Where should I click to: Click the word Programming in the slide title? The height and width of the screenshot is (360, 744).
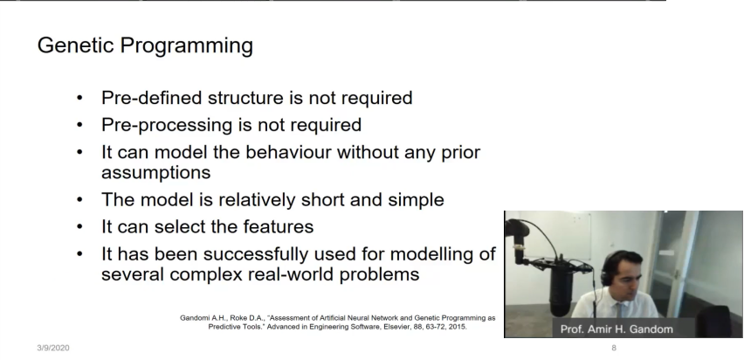point(187,47)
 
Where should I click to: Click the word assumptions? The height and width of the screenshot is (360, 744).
point(155,173)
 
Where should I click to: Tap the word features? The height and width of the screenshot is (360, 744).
point(278,226)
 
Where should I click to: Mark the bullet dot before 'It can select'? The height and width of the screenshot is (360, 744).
point(79,226)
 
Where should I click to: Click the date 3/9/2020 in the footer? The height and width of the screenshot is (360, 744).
point(53,348)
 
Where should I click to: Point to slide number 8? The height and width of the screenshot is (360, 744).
point(614,348)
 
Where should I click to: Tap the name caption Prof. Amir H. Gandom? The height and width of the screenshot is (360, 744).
point(617,329)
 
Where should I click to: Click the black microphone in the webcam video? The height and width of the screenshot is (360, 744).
point(561,286)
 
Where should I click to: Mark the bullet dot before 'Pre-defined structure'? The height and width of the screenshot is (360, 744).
point(79,98)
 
